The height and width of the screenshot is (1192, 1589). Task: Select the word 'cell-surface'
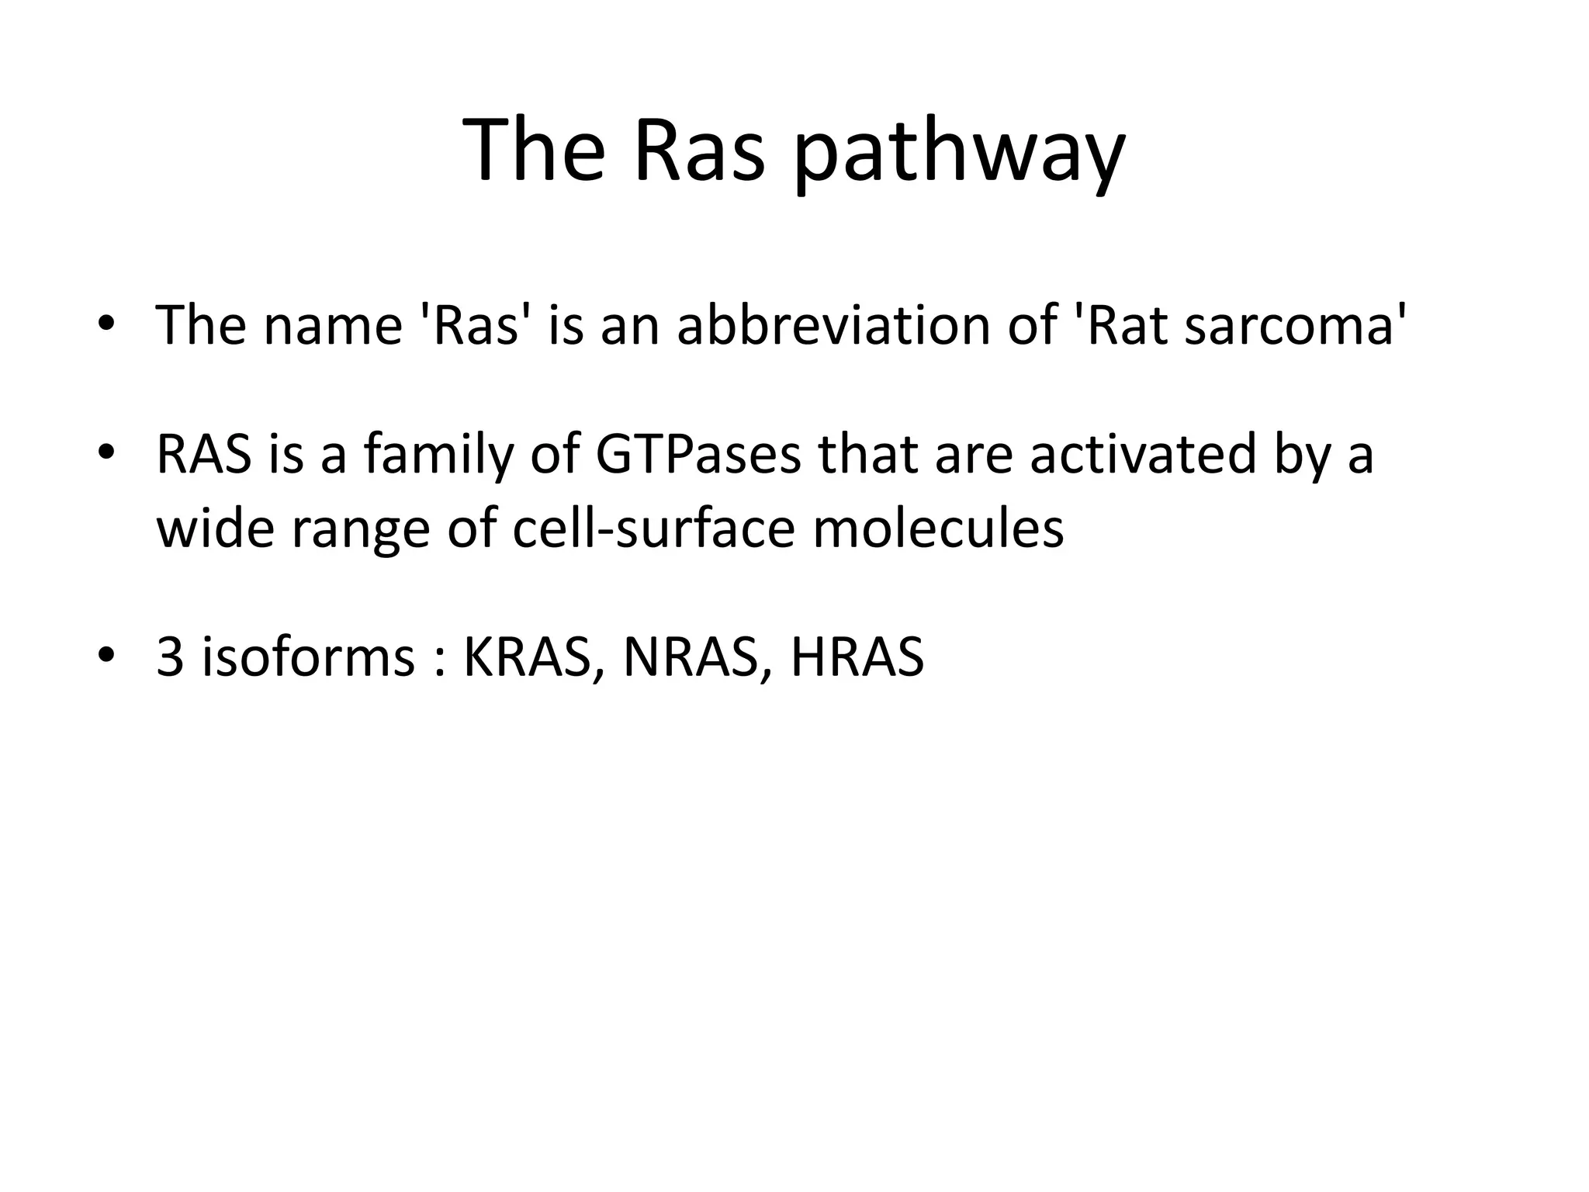[x=654, y=529]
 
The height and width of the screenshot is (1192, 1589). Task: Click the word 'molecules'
[x=938, y=529]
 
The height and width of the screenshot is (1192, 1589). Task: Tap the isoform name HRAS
[x=857, y=658]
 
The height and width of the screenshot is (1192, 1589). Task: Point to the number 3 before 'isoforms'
[x=170, y=658]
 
